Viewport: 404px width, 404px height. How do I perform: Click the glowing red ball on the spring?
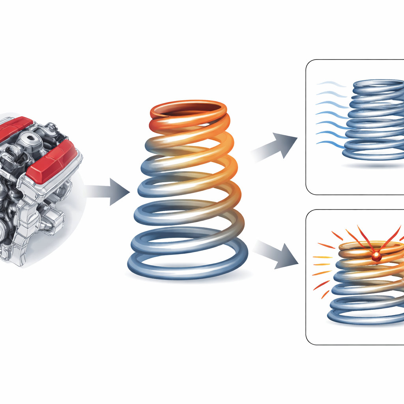coord(376,257)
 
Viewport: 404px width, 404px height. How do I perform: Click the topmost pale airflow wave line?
coord(331,84)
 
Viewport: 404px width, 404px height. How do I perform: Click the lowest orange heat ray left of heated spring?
coord(325,294)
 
